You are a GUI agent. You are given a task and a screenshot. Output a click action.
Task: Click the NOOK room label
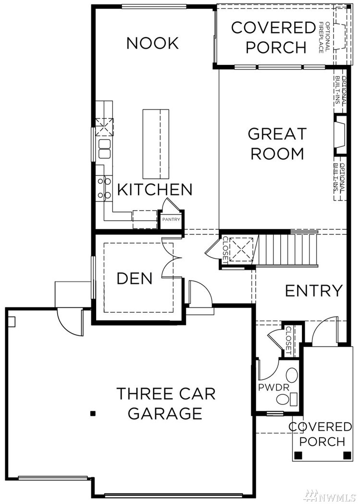[x=152, y=43]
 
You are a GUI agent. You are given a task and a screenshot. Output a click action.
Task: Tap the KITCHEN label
[x=155, y=189]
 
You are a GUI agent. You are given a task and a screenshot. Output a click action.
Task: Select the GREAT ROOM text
[x=277, y=144]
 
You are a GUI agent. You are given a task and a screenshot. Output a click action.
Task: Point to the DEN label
[x=135, y=278]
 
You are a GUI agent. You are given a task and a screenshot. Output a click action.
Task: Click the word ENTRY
[x=314, y=290]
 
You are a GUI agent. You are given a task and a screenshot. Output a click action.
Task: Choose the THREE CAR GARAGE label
[x=166, y=403]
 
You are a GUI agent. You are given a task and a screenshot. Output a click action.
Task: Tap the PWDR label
[x=273, y=387]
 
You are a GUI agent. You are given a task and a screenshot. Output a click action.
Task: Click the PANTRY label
[x=171, y=219]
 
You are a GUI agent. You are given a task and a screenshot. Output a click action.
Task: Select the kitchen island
[x=156, y=145]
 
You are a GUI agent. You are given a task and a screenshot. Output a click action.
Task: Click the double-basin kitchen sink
[x=104, y=149]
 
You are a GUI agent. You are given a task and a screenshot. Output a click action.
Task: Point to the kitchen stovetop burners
[x=104, y=188]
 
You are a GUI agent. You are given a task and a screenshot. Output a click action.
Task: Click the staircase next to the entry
[x=285, y=250]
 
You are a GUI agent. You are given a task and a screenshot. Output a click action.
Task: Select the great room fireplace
[x=340, y=135]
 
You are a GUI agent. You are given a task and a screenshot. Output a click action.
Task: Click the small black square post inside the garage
[x=93, y=414]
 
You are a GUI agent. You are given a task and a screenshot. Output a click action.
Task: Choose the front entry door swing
[x=325, y=331]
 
